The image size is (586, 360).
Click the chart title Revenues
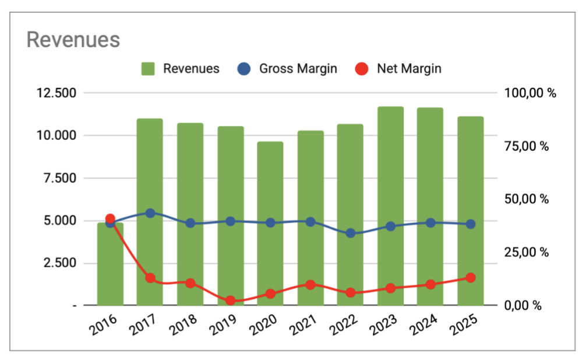pyautogui.click(x=73, y=40)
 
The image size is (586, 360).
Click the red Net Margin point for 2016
pyautogui.click(x=110, y=219)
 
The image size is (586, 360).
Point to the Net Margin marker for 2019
pyautogui.click(x=230, y=301)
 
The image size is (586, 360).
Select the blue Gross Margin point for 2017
pyautogui.click(x=150, y=213)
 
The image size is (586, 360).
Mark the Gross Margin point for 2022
pyautogui.click(x=351, y=233)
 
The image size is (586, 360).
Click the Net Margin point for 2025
pyautogui.click(x=471, y=278)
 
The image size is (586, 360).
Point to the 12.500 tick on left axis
pyautogui.click(x=57, y=93)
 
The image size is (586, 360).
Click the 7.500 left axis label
pyautogui.click(x=59, y=178)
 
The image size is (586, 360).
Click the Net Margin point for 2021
pyautogui.click(x=310, y=285)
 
